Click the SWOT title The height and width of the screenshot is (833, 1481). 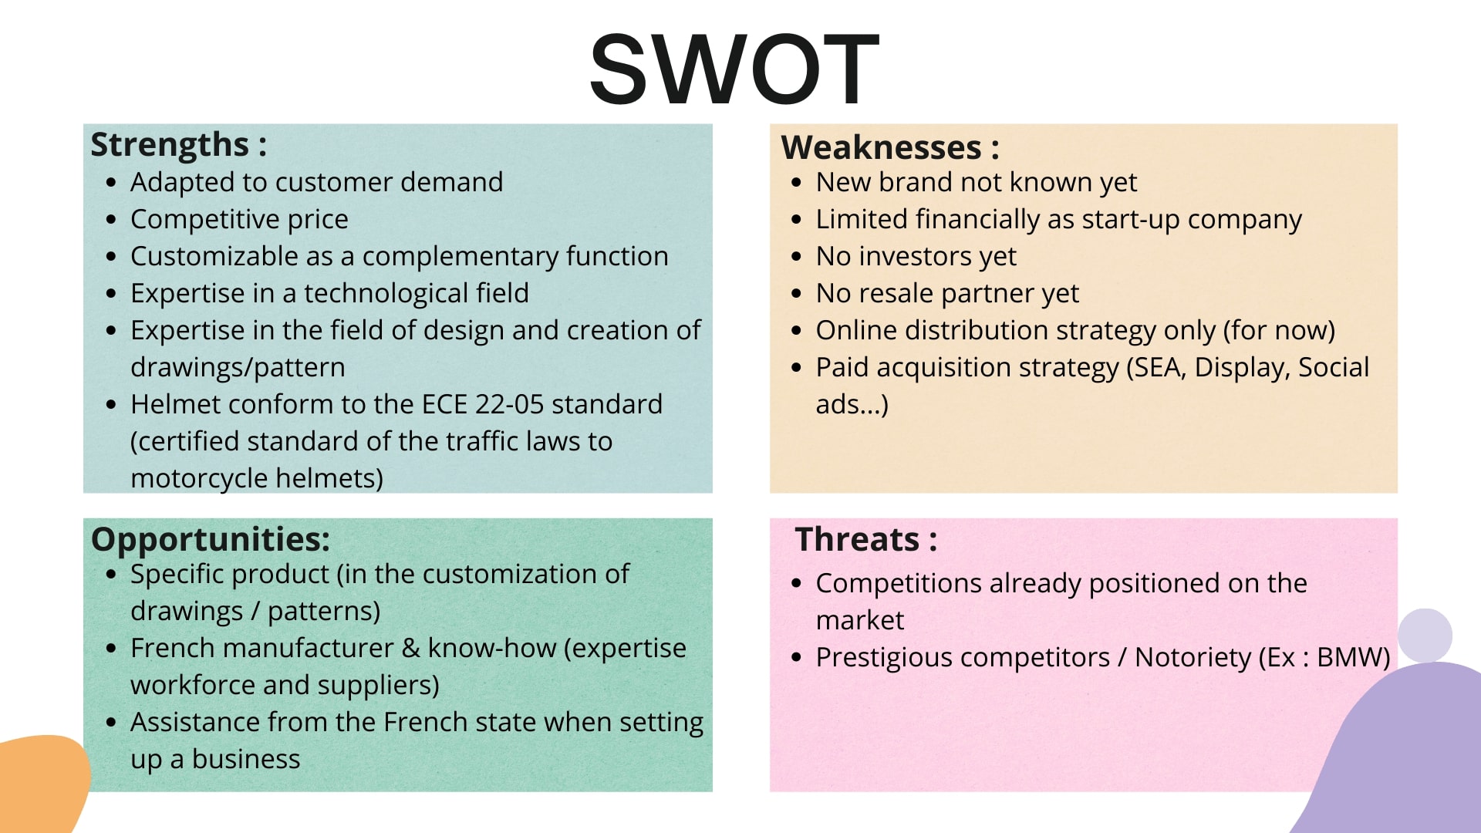click(734, 69)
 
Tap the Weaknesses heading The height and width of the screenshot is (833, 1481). click(890, 147)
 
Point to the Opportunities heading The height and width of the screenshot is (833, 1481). click(211, 540)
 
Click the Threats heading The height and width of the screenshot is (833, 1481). click(866, 539)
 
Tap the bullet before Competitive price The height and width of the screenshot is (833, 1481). click(112, 220)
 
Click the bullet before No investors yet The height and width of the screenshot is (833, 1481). click(797, 257)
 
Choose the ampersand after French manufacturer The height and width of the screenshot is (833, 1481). click(411, 648)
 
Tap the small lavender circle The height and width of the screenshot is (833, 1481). click(1425, 636)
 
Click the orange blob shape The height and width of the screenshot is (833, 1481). click(42, 783)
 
